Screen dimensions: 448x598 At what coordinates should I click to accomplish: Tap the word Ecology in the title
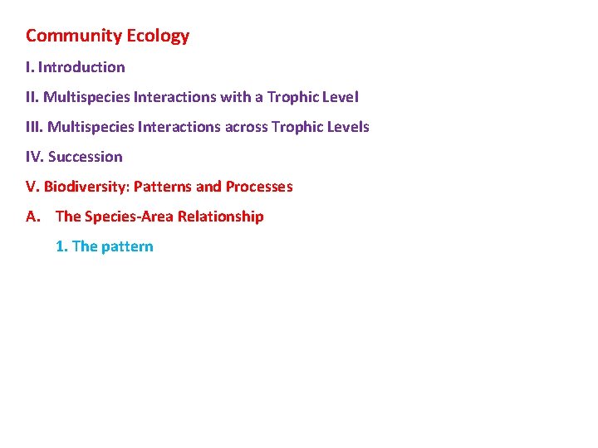[x=158, y=36]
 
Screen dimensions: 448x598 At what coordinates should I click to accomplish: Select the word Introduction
[x=81, y=67]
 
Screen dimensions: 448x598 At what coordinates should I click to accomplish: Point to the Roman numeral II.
[x=32, y=97]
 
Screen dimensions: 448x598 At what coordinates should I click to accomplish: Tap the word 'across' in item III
[x=246, y=127]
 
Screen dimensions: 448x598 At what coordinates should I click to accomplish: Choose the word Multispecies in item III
[x=89, y=127]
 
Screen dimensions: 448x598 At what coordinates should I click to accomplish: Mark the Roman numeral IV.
[x=34, y=157]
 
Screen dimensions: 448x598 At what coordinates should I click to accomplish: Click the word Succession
[x=86, y=157]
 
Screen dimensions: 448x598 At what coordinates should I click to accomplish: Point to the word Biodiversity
[x=86, y=187]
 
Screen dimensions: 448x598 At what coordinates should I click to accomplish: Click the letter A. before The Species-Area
[x=33, y=217]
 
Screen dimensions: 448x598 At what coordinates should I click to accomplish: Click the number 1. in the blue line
[x=61, y=246]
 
